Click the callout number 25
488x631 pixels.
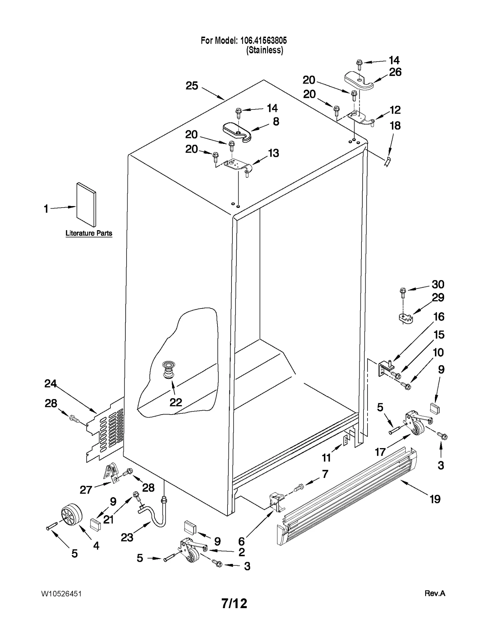(192, 86)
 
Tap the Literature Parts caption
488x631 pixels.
(89, 233)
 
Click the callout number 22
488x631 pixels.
(176, 402)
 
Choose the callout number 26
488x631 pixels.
(395, 72)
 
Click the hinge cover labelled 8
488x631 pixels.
(237, 132)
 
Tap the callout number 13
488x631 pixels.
(273, 153)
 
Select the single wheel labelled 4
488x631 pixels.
(72, 515)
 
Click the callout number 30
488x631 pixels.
(438, 284)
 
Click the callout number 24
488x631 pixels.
(50, 383)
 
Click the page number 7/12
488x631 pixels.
(234, 604)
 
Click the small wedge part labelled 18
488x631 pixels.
(387, 162)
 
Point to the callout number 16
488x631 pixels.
(439, 317)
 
